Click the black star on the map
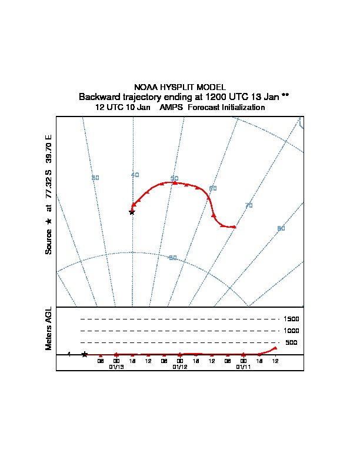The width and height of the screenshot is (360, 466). pyautogui.click(x=132, y=212)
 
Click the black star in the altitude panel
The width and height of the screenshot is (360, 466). pyautogui.click(x=84, y=354)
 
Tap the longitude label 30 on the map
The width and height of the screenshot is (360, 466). pyautogui.click(x=95, y=178)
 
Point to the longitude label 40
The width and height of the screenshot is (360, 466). pyautogui.click(x=135, y=175)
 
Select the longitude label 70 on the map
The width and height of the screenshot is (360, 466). pyautogui.click(x=249, y=205)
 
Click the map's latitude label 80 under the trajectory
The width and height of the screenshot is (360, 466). pyautogui.click(x=172, y=258)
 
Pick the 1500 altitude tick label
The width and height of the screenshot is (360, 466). pyautogui.click(x=291, y=319)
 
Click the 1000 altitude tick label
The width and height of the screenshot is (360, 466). pyautogui.click(x=291, y=331)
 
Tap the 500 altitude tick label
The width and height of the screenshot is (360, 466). pyautogui.click(x=291, y=342)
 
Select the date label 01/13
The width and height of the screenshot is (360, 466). pyautogui.click(x=116, y=367)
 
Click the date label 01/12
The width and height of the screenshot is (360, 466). pyautogui.click(x=180, y=367)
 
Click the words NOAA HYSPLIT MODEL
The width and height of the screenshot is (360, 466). pyautogui.click(x=180, y=87)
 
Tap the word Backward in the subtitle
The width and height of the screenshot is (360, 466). pyautogui.click(x=96, y=96)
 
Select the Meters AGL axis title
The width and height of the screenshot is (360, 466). pyautogui.click(x=49, y=329)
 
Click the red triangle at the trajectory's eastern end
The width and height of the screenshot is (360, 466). pyautogui.click(x=234, y=227)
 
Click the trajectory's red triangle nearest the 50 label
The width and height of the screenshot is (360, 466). pyautogui.click(x=174, y=183)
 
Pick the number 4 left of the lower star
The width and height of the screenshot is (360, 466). pyautogui.click(x=69, y=354)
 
